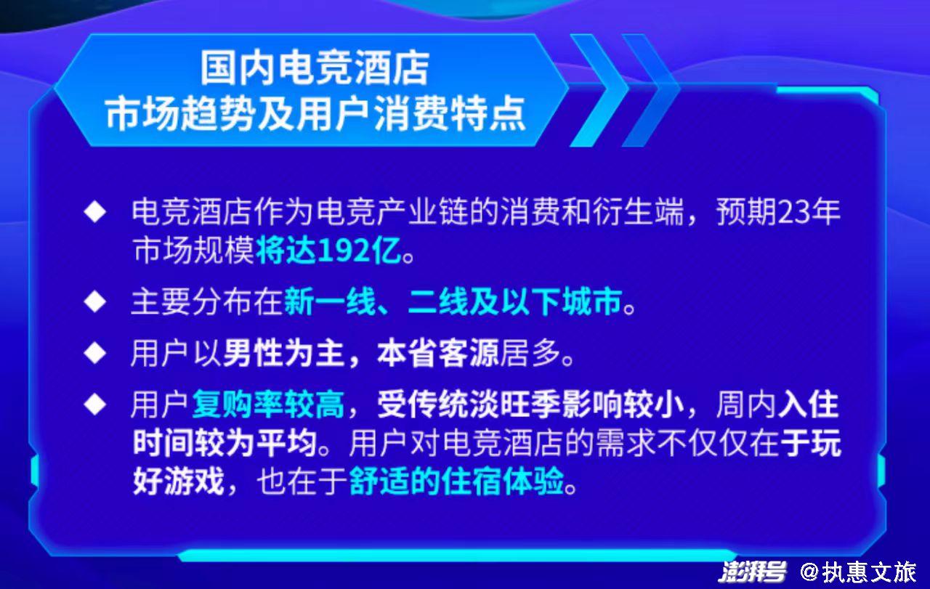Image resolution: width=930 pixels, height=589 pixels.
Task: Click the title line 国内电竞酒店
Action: [x=315, y=68]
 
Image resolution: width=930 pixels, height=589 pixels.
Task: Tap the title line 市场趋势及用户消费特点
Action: [x=315, y=113]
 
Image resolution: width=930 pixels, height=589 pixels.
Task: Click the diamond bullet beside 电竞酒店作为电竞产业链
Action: [x=95, y=211]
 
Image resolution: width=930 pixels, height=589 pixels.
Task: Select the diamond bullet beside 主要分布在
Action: [x=95, y=301]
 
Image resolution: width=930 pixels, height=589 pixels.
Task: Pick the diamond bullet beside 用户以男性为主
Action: [x=95, y=353]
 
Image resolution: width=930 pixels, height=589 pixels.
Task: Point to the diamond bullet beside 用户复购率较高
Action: [x=95, y=404]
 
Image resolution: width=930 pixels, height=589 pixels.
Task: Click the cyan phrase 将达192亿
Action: [x=330, y=251]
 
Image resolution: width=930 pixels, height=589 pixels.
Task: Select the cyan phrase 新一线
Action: [x=330, y=302]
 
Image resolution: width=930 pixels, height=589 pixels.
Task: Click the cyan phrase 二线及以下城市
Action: [x=515, y=302]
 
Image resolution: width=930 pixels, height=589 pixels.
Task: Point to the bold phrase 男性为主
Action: [x=284, y=354]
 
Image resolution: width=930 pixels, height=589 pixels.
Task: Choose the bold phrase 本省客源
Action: [x=437, y=354]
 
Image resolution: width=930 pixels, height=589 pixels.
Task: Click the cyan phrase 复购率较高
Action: [x=268, y=405]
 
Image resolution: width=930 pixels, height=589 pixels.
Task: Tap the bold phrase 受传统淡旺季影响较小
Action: [x=530, y=405]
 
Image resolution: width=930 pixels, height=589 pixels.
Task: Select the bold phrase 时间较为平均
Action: [x=225, y=443]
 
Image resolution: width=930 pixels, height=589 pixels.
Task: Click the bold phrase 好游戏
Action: [x=179, y=482]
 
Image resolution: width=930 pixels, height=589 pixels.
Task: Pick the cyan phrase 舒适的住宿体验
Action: [x=457, y=482]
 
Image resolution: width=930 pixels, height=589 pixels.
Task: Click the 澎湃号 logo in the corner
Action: [x=752, y=572]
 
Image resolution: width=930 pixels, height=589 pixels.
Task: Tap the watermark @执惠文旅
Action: [x=858, y=572]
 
